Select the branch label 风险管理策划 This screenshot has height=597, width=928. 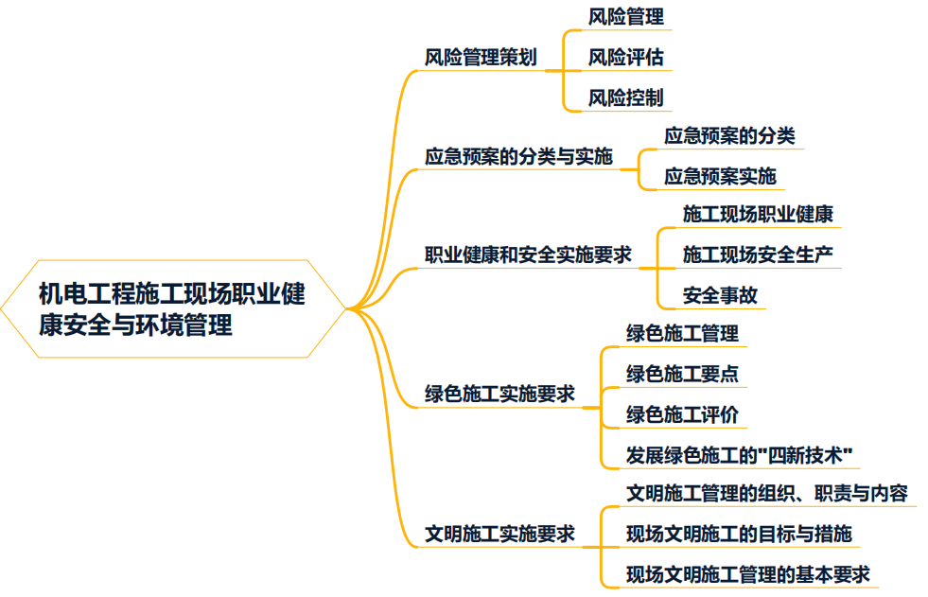tap(481, 58)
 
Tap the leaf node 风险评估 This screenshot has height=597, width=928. tap(625, 58)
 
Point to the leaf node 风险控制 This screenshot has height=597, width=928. tap(625, 97)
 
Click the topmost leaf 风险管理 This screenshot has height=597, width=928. tap(625, 17)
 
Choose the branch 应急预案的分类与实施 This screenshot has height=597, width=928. tap(518, 156)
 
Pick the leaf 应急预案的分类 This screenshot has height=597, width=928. tap(729, 136)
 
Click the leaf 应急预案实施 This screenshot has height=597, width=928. tap(720, 176)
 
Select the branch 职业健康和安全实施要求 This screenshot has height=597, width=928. tap(528, 255)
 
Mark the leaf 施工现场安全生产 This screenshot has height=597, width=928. tap(758, 255)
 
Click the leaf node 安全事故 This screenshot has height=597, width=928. tap(720, 295)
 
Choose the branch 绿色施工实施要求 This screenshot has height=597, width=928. tap(499, 395)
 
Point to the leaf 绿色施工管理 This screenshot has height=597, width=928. tap(682, 334)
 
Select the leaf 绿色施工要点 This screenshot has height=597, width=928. tap(682, 374)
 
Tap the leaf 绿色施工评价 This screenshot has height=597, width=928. tap(682, 414)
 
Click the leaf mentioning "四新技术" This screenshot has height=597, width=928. tap(740, 454)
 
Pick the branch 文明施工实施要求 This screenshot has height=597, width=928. tap(499, 534)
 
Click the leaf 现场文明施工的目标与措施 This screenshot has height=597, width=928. tap(739, 534)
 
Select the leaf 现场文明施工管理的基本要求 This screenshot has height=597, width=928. tap(748, 573)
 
